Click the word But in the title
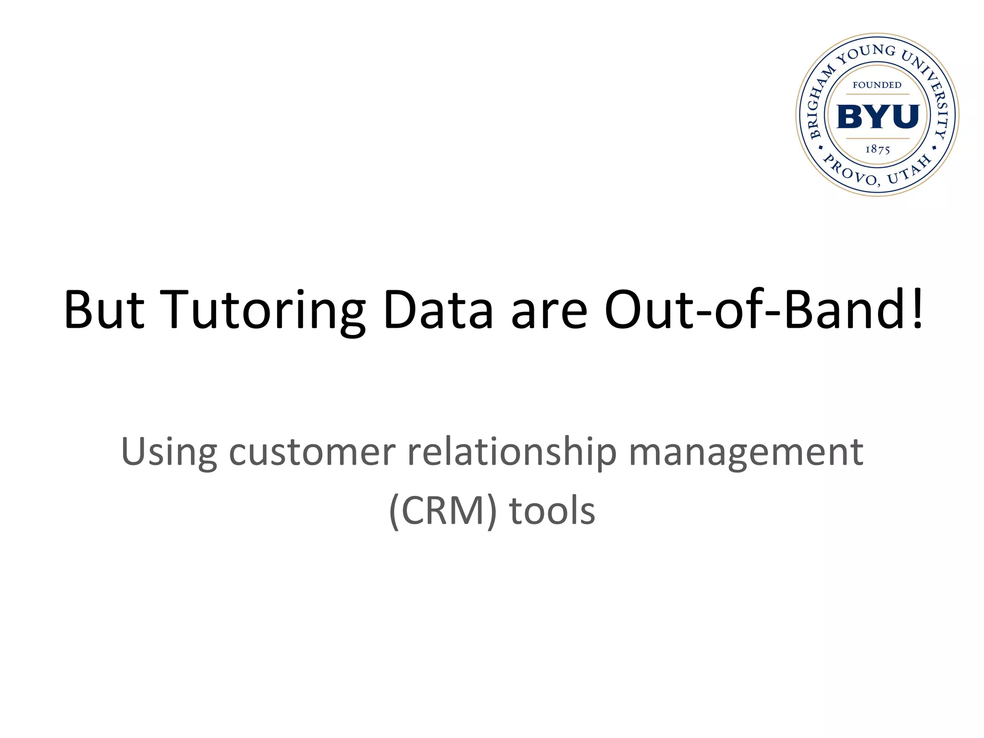point(104,310)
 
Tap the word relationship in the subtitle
point(512,452)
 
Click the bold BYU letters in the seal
point(878,117)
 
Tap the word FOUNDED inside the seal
point(877,86)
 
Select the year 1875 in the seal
point(878,149)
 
